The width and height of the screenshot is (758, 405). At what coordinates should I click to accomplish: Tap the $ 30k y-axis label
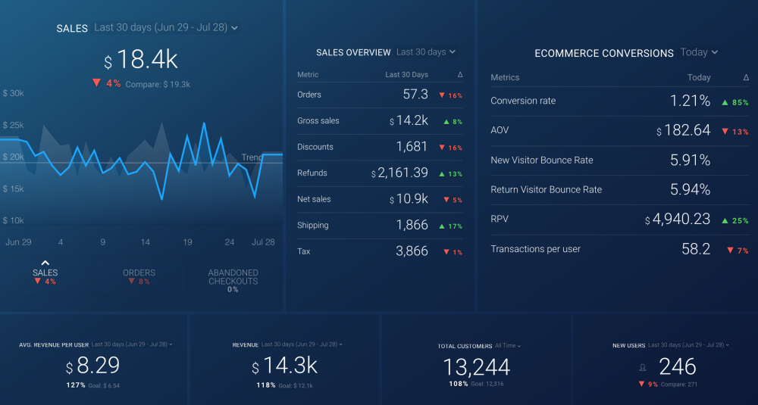[x=14, y=93]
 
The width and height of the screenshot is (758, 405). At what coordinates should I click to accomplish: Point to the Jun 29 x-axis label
[x=17, y=242]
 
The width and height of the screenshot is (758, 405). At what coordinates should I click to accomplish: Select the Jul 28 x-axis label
[x=263, y=242]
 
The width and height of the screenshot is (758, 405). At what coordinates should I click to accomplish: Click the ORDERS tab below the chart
[x=139, y=273]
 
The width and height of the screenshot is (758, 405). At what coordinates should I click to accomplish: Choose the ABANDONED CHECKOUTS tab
[x=233, y=277]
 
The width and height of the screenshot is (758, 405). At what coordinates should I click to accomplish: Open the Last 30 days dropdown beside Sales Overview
[x=426, y=52]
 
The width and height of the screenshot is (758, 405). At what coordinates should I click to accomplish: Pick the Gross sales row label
[x=318, y=121]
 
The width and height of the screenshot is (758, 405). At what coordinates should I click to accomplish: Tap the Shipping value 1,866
[x=412, y=225]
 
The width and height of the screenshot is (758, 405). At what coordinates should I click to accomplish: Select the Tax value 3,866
[x=412, y=251]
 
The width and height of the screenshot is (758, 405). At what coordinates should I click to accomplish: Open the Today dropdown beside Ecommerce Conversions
[x=699, y=52]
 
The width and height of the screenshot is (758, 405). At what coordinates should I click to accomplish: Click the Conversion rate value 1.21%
[x=690, y=101]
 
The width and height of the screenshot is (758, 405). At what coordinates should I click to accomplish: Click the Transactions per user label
[x=536, y=249]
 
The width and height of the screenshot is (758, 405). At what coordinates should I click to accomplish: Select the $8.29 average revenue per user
[x=92, y=366]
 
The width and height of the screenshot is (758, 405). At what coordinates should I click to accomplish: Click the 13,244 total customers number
[x=476, y=367]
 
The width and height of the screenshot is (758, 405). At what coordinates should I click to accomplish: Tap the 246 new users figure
[x=677, y=367]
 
